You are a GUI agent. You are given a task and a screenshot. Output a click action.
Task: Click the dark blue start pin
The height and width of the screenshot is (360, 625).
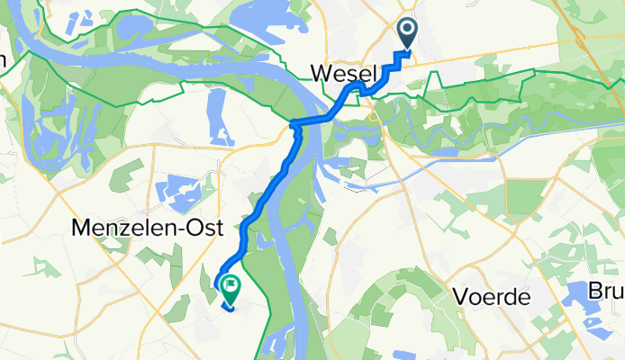click(407, 34)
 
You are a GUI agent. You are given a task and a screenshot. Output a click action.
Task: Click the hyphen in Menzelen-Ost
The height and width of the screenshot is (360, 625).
click(154, 230)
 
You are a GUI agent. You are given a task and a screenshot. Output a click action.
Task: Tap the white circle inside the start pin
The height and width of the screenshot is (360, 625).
click(407, 31)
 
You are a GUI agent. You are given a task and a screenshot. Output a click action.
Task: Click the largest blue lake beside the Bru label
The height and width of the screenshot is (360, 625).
click(585, 324)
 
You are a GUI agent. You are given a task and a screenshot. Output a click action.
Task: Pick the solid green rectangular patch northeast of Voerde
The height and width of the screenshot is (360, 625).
click(527, 195)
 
